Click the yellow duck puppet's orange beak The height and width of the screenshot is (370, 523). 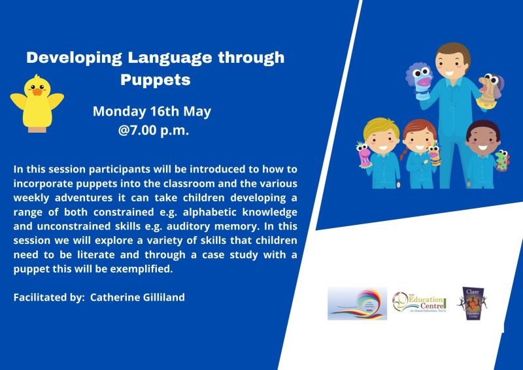click(37, 92)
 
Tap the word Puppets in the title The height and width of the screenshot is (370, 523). click(155, 80)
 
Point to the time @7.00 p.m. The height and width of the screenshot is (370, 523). click(154, 130)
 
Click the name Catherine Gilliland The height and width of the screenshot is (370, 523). click(137, 297)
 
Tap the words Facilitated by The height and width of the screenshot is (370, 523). click(49, 297)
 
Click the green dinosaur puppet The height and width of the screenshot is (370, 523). click(502, 159)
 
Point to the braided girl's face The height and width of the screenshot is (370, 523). click(416, 141)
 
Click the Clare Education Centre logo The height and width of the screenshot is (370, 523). click(473, 303)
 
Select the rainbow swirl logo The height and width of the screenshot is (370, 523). click(356, 303)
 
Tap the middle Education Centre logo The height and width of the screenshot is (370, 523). click(418, 303)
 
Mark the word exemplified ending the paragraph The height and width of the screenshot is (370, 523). click(146, 269)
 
